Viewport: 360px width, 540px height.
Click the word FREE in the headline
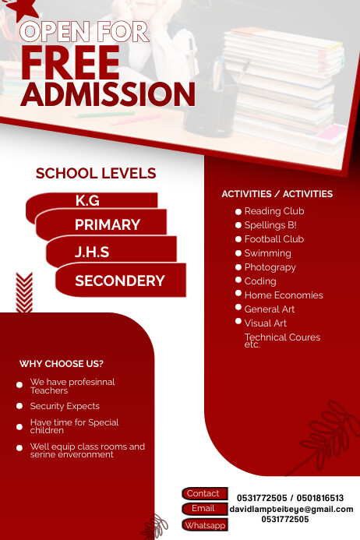click(x=70, y=63)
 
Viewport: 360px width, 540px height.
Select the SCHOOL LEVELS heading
click(x=96, y=174)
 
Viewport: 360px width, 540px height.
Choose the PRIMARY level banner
click(x=108, y=225)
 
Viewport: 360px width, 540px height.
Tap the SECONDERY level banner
click(x=120, y=281)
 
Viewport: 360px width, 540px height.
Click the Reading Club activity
click(x=274, y=211)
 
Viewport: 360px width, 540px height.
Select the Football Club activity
click(x=274, y=239)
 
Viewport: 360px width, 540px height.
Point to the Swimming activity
click(x=267, y=253)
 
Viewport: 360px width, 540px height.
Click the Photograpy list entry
click(x=270, y=267)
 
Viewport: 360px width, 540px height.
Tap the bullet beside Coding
click(x=238, y=280)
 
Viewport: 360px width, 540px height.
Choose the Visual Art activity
click(x=265, y=323)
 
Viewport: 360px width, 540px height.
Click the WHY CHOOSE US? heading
click(x=62, y=364)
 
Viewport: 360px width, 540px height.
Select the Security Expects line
click(x=65, y=406)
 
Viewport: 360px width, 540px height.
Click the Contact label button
click(x=203, y=493)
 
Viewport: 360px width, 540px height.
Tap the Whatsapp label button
click(x=205, y=525)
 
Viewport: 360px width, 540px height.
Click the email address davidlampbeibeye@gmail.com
click(x=291, y=509)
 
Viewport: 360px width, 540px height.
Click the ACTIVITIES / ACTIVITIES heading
click(x=277, y=194)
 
